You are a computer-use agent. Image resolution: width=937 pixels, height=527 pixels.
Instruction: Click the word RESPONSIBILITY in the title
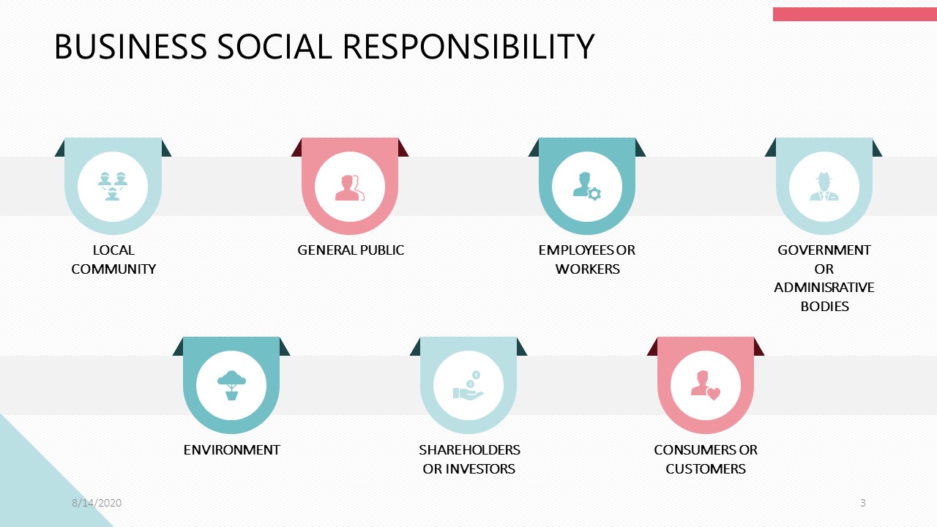coord(468,47)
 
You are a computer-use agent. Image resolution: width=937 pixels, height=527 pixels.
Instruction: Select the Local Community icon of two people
coord(113,186)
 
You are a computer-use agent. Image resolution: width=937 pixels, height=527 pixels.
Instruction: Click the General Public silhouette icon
coord(350,187)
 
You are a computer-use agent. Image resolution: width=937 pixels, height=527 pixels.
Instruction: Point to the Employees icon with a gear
coord(586,187)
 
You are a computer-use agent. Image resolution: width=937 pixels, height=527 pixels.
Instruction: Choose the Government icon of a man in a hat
coord(824,187)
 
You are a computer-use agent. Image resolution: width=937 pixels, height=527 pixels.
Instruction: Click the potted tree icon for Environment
coord(231,385)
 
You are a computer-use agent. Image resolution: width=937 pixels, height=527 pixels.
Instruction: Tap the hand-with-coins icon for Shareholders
coord(468,385)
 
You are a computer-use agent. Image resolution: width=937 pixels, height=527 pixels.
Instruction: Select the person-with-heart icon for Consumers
coord(705,385)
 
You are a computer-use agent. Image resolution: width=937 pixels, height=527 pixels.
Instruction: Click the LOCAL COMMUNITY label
coord(113,259)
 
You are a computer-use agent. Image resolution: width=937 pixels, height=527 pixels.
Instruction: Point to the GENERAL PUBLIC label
coord(351,250)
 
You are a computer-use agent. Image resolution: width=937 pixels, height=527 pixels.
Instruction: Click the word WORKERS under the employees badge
coord(587,269)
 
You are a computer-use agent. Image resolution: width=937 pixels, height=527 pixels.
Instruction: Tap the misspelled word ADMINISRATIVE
coord(824,287)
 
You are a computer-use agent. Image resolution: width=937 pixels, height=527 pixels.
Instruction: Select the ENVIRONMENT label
coord(231,450)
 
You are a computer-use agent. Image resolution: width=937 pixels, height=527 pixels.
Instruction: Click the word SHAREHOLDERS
coord(469,449)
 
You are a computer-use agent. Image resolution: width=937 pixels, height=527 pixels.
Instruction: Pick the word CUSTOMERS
coord(706,468)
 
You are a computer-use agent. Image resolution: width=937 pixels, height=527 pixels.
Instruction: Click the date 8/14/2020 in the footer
coord(97,503)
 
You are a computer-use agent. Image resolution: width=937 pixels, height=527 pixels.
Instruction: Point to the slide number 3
coord(863,503)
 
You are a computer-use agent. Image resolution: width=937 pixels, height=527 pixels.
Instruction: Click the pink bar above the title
coord(854,14)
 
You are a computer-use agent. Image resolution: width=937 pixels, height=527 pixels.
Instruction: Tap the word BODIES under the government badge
coord(824,306)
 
